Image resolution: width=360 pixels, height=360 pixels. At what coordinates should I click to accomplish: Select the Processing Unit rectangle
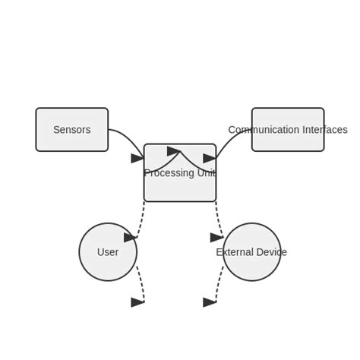[x=180, y=186]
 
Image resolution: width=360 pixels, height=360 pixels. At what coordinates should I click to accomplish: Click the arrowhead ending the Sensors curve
[x=137, y=158]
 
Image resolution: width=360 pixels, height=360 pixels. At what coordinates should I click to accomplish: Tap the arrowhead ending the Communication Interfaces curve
[x=210, y=158]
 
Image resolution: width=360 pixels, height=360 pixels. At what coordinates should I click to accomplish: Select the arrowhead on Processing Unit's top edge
[x=174, y=151]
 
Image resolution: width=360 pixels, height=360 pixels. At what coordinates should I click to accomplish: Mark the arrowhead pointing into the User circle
[x=131, y=238]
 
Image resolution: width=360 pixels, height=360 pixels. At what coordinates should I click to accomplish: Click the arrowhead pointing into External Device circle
[x=217, y=238]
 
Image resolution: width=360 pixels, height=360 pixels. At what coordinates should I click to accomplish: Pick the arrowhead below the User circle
[x=137, y=302]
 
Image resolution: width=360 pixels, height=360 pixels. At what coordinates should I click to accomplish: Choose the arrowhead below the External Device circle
[x=210, y=302]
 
